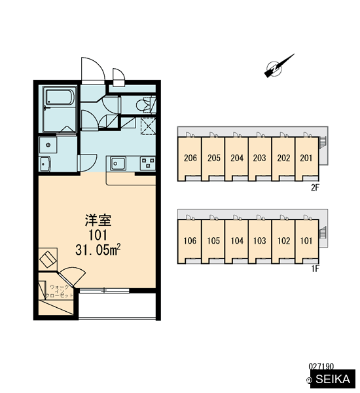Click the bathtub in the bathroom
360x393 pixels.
click(60, 97)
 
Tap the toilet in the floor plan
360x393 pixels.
click(143, 105)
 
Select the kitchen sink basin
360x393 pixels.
click(116, 163)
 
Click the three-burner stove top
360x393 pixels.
click(148, 163)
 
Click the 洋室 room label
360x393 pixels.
click(98, 220)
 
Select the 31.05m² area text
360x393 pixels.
click(98, 250)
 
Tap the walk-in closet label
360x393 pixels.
click(60, 291)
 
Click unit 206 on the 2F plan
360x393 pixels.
click(190, 158)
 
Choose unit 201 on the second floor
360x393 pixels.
click(306, 158)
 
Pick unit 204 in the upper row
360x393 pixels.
click(237, 158)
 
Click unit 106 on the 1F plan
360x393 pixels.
click(190, 240)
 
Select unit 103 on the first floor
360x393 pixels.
click(260, 240)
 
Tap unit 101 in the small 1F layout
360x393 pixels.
click(306, 240)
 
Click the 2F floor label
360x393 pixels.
click(315, 187)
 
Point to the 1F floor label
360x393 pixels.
click(315, 269)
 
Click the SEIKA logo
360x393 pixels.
click(333, 379)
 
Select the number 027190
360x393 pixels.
click(321, 366)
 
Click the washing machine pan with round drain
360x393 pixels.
click(48, 145)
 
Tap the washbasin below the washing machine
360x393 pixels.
click(45, 164)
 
